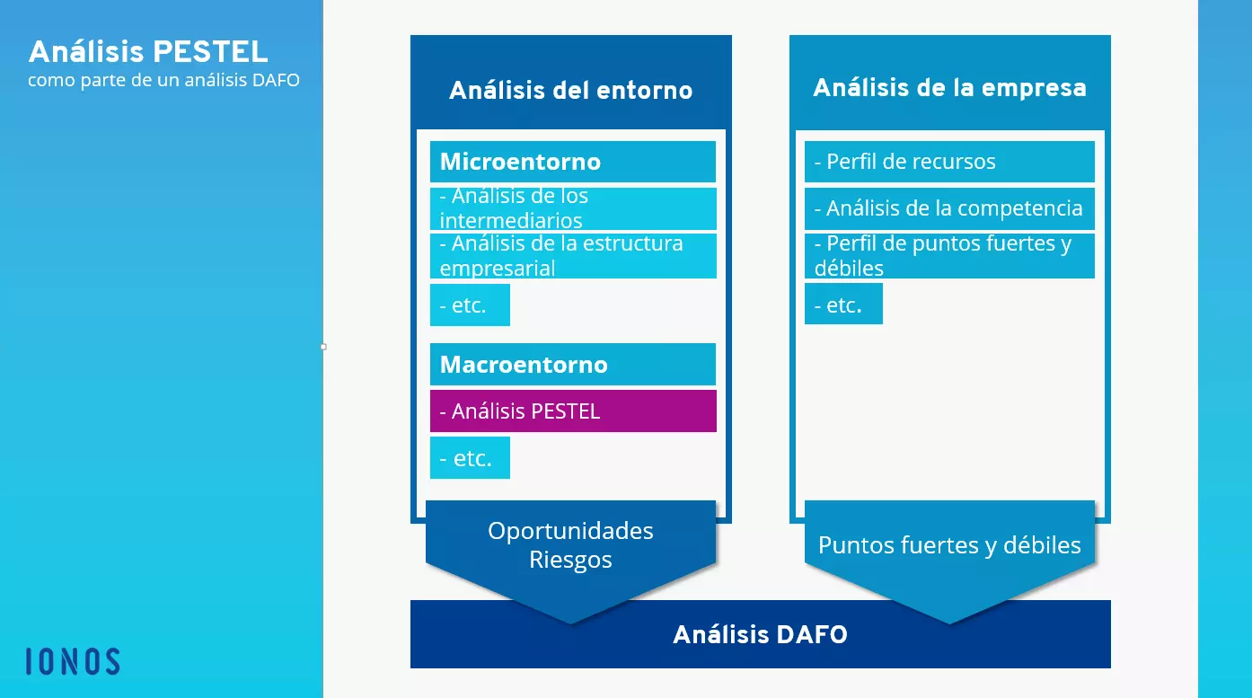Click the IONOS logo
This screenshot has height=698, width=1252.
(73, 661)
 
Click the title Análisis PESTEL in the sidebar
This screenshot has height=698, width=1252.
(148, 51)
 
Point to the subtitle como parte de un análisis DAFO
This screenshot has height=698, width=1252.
(163, 80)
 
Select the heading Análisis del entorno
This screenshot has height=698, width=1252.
(570, 90)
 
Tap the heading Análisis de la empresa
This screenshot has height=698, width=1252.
(949, 88)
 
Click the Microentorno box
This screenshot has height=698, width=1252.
(572, 162)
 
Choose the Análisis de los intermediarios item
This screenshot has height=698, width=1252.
(572, 208)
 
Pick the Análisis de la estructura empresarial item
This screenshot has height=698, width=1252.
(572, 256)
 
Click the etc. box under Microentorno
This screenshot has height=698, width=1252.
(470, 305)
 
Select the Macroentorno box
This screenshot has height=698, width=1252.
(572, 365)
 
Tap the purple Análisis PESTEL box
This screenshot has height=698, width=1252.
(572, 411)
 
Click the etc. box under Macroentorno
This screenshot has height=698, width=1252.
(470, 458)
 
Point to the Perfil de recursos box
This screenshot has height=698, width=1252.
(949, 162)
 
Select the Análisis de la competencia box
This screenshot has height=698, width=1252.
(949, 208)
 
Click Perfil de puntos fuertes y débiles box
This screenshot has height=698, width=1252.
(949, 256)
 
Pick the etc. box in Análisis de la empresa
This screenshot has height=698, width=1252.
(843, 305)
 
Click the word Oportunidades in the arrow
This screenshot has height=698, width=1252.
(570, 531)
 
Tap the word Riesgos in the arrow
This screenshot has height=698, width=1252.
(570, 561)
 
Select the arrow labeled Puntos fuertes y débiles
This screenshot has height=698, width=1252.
(949, 545)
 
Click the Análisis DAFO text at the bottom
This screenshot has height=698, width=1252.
(760, 635)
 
